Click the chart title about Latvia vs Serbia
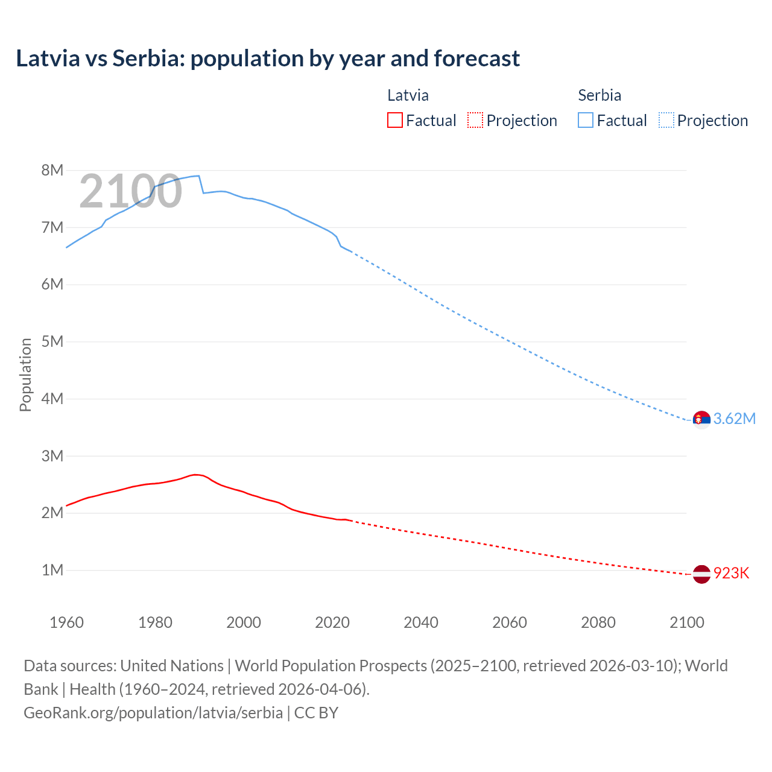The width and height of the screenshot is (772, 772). (268, 59)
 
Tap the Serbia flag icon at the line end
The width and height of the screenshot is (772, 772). (701, 419)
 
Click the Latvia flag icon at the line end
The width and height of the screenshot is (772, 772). (701, 574)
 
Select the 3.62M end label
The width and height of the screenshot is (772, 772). (734, 419)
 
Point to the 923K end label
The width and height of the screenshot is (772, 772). (731, 574)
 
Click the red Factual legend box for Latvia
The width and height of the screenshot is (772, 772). (394, 120)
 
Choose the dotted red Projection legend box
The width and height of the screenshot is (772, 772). (475, 120)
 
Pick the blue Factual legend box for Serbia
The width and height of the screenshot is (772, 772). (585, 120)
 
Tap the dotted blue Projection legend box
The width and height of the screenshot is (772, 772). (666, 120)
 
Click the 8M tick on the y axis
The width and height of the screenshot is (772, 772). (52, 170)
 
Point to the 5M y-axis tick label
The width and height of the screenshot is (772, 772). (52, 341)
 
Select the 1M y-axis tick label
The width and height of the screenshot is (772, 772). (52, 570)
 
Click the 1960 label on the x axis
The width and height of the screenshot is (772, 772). (66, 622)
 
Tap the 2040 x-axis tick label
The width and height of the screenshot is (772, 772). (421, 622)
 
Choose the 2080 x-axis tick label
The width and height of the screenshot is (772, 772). (598, 622)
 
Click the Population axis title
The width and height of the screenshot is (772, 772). (25, 375)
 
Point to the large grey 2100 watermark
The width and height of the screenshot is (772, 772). (130, 191)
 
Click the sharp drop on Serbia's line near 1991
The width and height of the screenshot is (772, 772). (201, 185)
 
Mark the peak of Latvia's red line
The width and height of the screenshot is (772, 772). (195, 475)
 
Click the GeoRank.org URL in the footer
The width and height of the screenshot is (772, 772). (153, 713)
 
